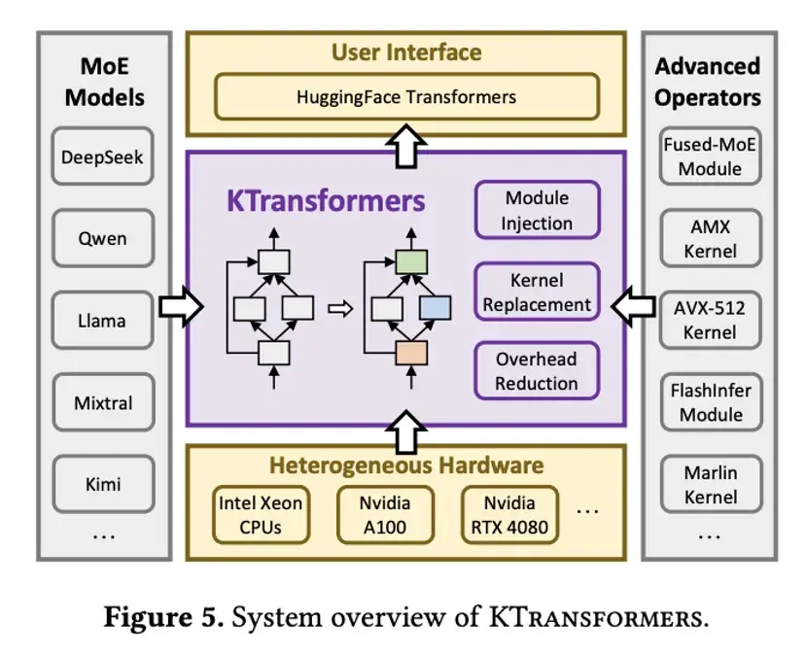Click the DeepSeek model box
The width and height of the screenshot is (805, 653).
(x=102, y=155)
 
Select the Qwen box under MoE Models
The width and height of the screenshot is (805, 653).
(x=102, y=238)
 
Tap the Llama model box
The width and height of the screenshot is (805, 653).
(x=102, y=320)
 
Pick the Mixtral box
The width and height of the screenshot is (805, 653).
(x=102, y=402)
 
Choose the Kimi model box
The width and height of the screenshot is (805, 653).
(x=102, y=485)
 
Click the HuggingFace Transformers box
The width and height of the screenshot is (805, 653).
(x=406, y=97)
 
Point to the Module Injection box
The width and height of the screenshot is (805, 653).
(x=537, y=211)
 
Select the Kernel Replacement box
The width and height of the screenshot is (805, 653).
(x=537, y=292)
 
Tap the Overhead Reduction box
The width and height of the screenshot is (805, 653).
(x=537, y=371)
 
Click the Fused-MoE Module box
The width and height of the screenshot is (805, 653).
(x=710, y=156)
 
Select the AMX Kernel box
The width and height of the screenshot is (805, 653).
(x=710, y=239)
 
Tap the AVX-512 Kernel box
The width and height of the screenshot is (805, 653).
(x=710, y=320)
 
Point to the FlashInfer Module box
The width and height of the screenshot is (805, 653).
(x=710, y=402)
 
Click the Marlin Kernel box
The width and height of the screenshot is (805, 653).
(x=710, y=485)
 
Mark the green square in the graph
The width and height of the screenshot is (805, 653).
(x=411, y=260)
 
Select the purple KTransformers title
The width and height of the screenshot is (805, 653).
(x=326, y=201)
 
